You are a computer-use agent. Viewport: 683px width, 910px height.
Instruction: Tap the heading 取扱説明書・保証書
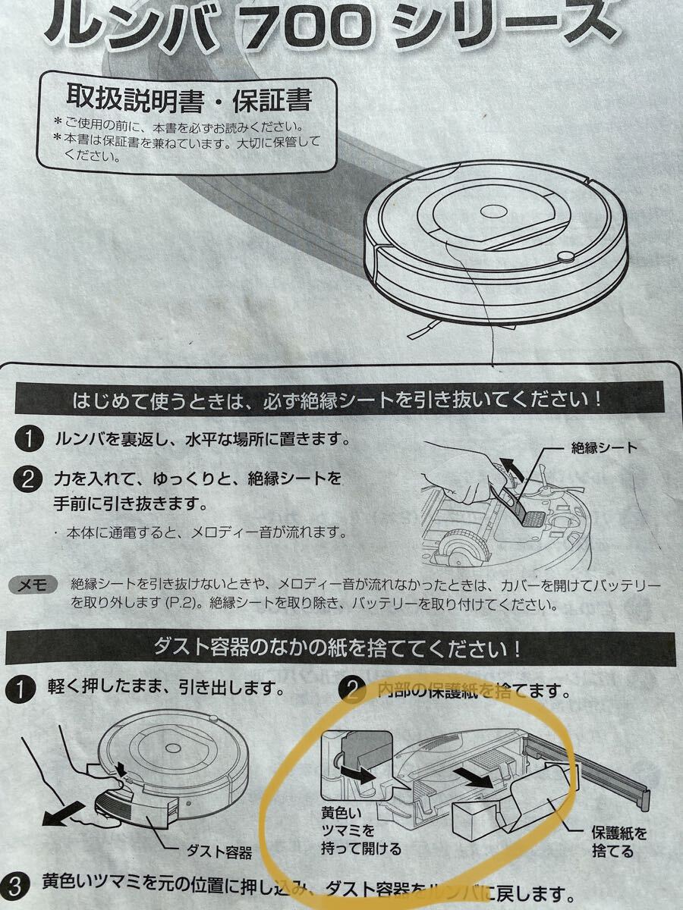pyautogui.click(x=190, y=99)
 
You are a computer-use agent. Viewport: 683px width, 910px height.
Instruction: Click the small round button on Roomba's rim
pyautogui.click(x=566, y=257)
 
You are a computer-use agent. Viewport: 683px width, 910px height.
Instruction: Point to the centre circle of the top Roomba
pyautogui.click(x=493, y=212)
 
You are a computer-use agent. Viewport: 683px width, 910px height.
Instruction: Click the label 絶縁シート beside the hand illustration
pyautogui.click(x=604, y=447)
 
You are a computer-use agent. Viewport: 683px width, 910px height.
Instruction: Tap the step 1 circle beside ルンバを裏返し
pyautogui.click(x=28, y=439)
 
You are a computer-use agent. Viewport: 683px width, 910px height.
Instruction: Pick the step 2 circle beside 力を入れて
pyautogui.click(x=28, y=481)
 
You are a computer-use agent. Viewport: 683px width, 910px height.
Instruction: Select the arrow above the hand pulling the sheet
pyautogui.click(x=510, y=466)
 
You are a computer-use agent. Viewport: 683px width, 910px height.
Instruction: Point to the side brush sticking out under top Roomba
pyautogui.click(x=423, y=331)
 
